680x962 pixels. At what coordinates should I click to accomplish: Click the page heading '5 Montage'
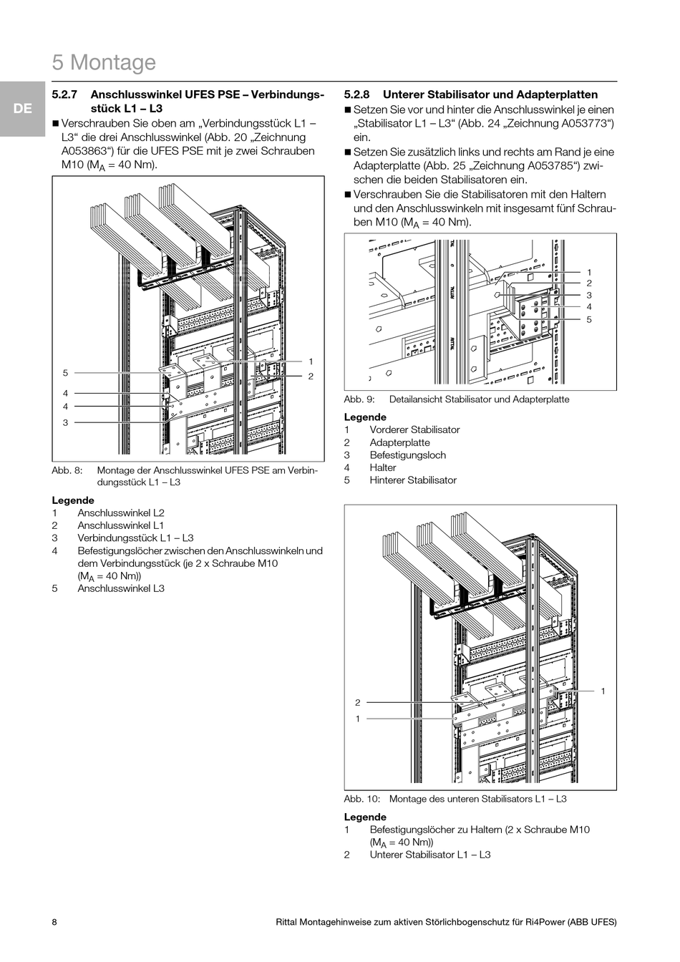pyautogui.click(x=104, y=63)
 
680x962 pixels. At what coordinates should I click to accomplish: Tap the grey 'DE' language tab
pyautogui.click(x=23, y=109)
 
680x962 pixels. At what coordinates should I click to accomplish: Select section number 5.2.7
pyautogui.click(x=65, y=94)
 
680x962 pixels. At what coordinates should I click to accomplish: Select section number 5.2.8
pyautogui.click(x=356, y=94)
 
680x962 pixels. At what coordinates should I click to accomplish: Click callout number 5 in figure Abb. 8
pyautogui.click(x=65, y=373)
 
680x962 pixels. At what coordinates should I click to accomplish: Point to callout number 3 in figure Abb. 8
pyautogui.click(x=65, y=422)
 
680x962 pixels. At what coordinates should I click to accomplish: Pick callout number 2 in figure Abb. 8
pyautogui.click(x=311, y=376)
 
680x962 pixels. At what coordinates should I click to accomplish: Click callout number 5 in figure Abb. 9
pyautogui.click(x=589, y=319)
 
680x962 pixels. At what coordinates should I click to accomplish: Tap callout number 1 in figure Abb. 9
pyautogui.click(x=589, y=272)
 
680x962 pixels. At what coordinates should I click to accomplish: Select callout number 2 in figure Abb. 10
pyautogui.click(x=358, y=703)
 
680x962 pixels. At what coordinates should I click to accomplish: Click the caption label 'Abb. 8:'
pyautogui.click(x=67, y=470)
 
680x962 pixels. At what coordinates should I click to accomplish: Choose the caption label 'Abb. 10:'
pyautogui.click(x=361, y=799)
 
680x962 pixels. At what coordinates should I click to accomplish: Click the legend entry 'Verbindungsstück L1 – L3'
pyautogui.click(x=135, y=538)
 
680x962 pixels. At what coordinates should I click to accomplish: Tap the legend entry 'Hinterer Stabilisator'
pyautogui.click(x=413, y=480)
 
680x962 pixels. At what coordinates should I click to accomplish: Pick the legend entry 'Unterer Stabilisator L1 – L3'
pyautogui.click(x=430, y=855)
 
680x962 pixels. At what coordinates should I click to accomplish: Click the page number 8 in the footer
pyautogui.click(x=54, y=922)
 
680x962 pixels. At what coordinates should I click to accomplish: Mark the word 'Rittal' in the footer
pyautogui.click(x=288, y=922)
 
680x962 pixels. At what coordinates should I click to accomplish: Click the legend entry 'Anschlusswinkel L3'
pyautogui.click(x=121, y=588)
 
